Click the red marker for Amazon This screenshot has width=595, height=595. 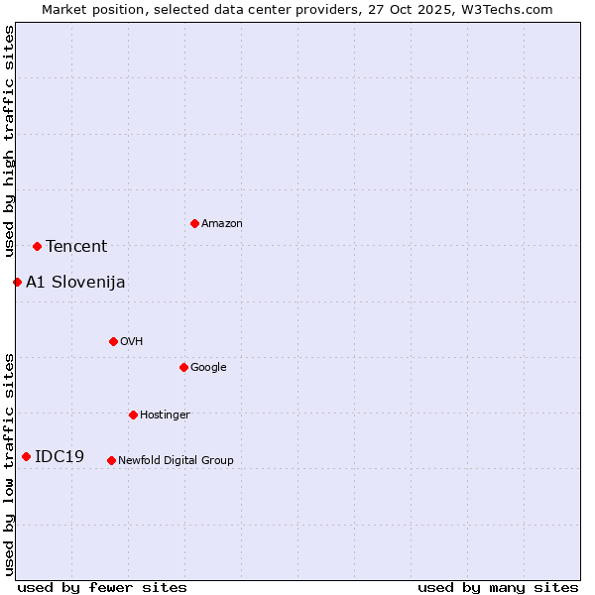194,223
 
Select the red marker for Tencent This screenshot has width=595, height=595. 37,246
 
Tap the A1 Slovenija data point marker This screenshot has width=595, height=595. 17,282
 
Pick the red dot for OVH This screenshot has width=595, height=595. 113,341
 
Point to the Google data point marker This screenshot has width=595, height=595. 183,367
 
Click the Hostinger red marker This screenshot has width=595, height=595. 133,415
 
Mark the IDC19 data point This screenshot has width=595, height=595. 26,456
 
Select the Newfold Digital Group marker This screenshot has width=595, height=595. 111,460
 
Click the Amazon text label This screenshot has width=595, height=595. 222,224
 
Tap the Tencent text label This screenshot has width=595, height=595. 76,247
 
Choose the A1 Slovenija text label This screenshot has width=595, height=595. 75,283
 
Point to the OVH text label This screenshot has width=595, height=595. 132,342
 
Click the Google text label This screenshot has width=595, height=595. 208,368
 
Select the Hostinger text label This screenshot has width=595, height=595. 165,416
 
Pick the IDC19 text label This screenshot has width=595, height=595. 59,457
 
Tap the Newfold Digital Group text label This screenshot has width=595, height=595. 176,461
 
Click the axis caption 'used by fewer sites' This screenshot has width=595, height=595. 102,587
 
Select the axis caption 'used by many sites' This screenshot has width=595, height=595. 498,587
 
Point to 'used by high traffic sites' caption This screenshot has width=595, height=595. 9,142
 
